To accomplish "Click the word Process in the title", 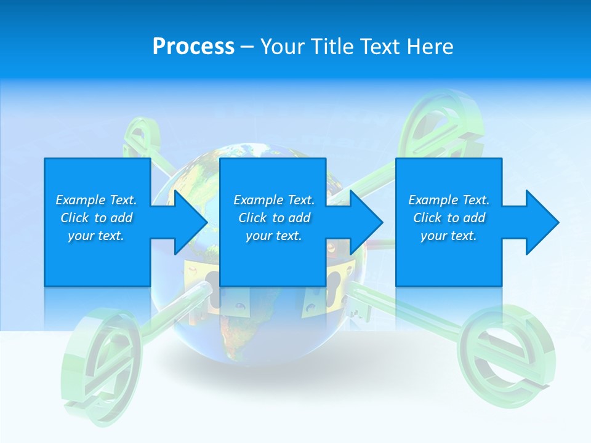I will (x=193, y=47).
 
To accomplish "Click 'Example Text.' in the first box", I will (x=96, y=200).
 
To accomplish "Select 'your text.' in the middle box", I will (x=273, y=236).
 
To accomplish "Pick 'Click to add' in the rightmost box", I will (x=449, y=218).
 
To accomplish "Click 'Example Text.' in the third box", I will (x=449, y=200).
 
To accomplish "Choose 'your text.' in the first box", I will (x=96, y=236).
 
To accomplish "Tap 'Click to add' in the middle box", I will (x=273, y=218).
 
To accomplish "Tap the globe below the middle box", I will (x=246, y=320).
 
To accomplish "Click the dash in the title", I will (x=247, y=47).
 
